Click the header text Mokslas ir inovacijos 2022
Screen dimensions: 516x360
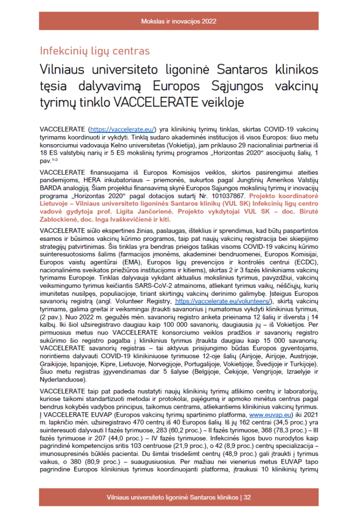pyautogui.click(x=179, y=21)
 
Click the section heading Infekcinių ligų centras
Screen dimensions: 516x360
pyautogui.click(x=94, y=51)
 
